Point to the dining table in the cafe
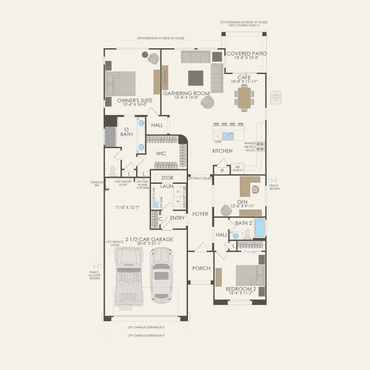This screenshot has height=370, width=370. click(244, 97)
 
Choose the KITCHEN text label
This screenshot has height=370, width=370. click(223, 150)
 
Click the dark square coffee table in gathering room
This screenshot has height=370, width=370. click(195, 77)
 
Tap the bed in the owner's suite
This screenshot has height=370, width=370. click(123, 83)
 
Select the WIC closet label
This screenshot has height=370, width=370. click(160, 153)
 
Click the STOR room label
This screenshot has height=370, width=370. click(167, 178)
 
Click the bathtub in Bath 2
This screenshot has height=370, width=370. click(260, 228)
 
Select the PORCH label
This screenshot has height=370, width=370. click(201, 268)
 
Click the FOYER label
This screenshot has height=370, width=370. click(200, 214)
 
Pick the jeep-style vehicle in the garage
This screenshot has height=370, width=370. click(129, 275)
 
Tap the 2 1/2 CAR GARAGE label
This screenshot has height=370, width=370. click(149, 239)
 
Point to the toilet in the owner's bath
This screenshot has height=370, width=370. click(112, 170)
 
